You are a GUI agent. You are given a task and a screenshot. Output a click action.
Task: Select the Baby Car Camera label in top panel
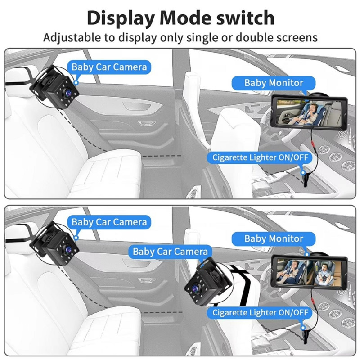109,67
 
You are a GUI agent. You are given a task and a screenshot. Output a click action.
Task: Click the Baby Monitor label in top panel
274,83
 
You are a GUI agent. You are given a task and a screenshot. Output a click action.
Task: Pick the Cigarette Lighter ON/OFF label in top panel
260,157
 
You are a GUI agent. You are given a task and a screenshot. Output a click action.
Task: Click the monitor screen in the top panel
306,111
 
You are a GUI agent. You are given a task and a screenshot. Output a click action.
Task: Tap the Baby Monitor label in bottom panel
274,238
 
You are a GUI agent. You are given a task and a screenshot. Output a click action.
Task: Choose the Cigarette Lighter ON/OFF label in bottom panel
260,312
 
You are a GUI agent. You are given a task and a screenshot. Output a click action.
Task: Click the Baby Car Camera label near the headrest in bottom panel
109,222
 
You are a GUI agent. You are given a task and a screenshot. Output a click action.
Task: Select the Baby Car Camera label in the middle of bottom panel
170,252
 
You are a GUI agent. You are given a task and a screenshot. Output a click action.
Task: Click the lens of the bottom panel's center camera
196,283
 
